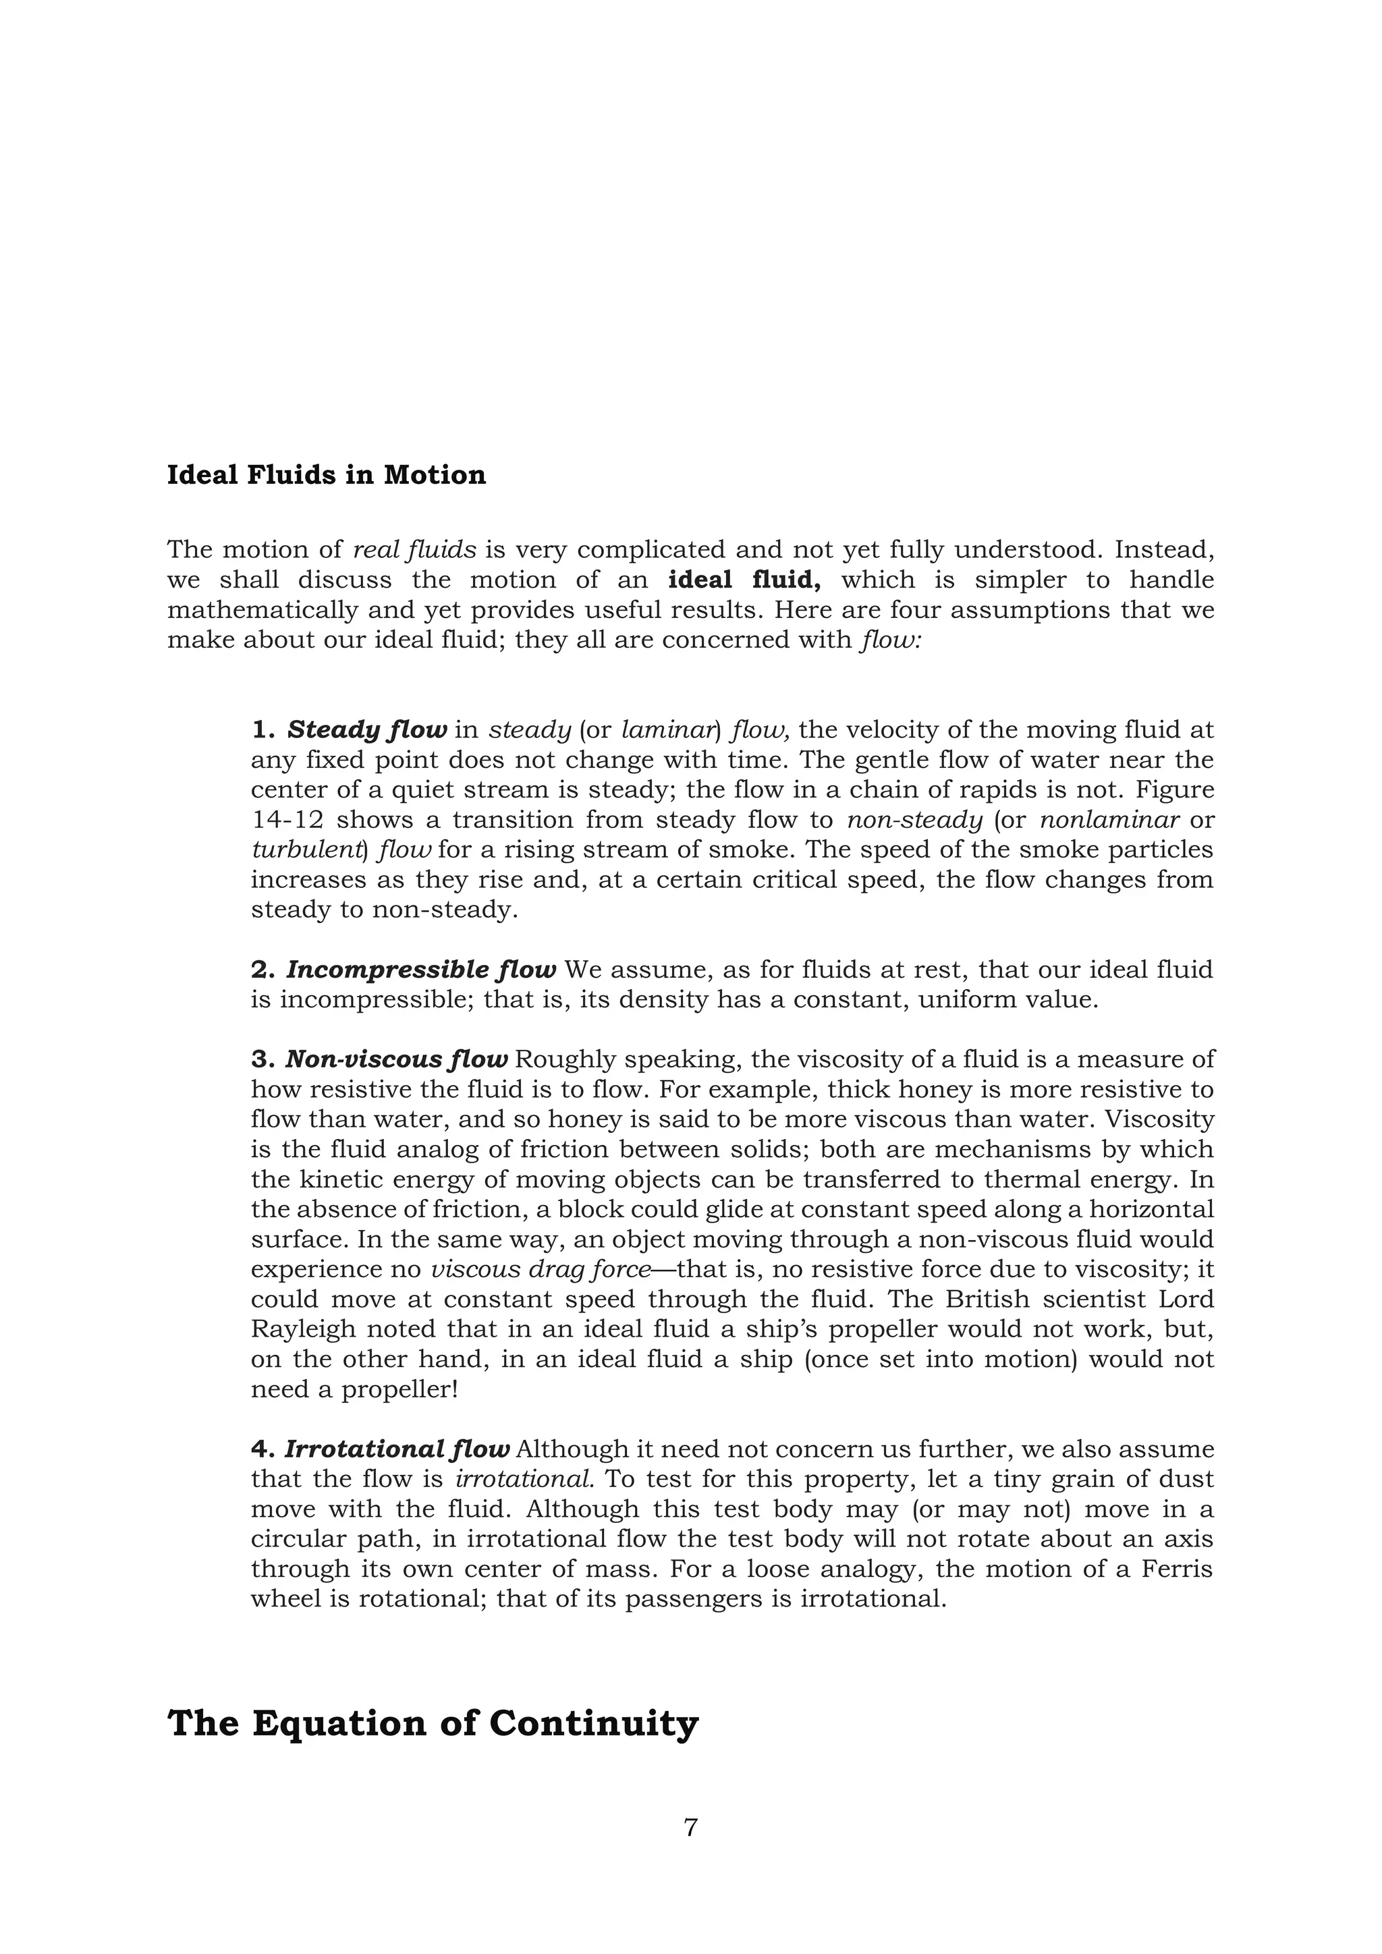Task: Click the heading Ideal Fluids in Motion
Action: click(x=326, y=475)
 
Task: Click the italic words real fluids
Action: click(x=414, y=551)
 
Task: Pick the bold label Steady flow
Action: click(x=367, y=730)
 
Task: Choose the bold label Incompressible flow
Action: click(x=420, y=970)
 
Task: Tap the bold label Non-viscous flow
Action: click(x=395, y=1059)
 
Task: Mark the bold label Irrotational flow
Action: click(x=397, y=1449)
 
